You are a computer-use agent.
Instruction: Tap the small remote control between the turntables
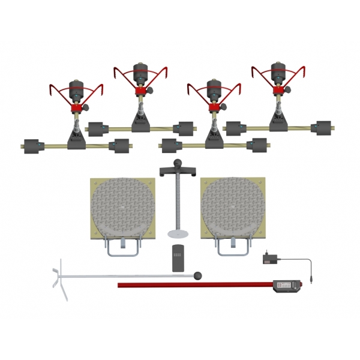pos(178,258)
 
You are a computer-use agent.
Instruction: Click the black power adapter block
pos(269,259)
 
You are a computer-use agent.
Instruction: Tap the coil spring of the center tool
pos(178,204)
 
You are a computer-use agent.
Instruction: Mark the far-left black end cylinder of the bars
pos(30,146)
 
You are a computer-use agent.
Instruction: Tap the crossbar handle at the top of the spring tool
pos(178,172)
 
